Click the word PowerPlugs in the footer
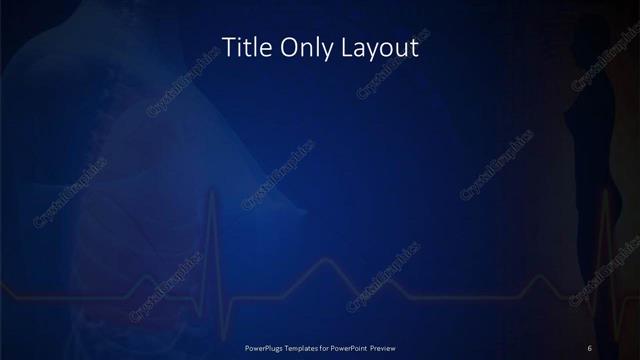264,347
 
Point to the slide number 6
590,347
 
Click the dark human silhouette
590,130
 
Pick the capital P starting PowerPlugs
247,347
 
